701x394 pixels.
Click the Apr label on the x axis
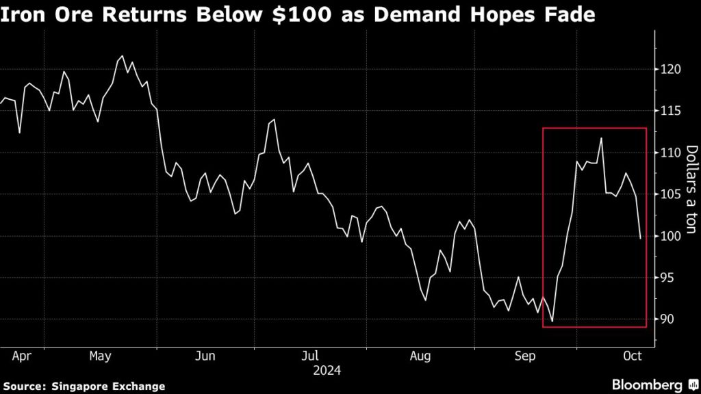pos(23,356)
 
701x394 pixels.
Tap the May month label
pos(101,356)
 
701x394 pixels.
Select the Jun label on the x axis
pos(205,356)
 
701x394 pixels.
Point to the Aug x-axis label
pos(420,356)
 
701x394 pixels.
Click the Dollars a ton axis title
pos(691,189)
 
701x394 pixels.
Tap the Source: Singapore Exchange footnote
pos(84,386)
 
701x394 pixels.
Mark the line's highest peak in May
pos(122,56)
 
